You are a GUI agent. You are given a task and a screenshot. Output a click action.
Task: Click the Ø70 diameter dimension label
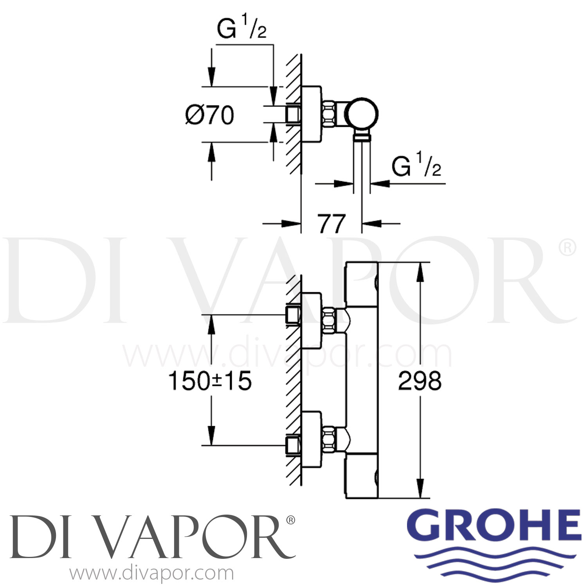(x=210, y=115)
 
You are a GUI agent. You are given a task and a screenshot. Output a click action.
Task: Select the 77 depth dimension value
(x=331, y=224)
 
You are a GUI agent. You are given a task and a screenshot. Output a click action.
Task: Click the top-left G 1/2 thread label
(x=241, y=29)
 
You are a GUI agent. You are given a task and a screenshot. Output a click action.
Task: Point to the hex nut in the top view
(x=329, y=114)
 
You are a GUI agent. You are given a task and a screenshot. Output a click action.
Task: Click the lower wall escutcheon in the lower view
(x=312, y=439)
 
